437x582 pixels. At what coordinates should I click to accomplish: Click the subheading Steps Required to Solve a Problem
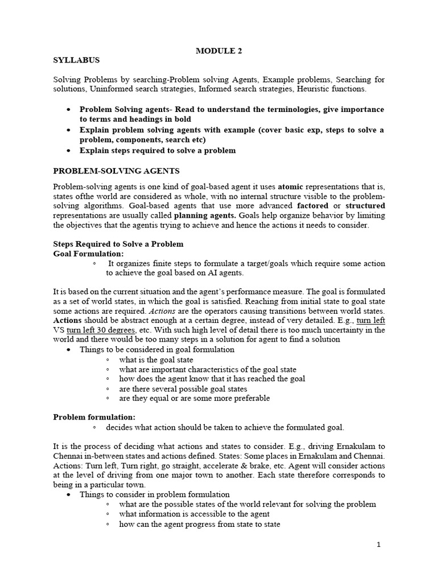pyautogui.click(x=118, y=244)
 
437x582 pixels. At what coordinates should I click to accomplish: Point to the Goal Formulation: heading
pyautogui.click(x=88, y=253)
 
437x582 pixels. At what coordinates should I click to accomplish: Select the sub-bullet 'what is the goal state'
pyautogui.click(x=156, y=360)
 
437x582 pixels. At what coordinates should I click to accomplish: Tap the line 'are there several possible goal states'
pyautogui.click(x=183, y=389)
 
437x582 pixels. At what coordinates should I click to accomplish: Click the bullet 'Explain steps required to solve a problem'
pyautogui.click(x=158, y=151)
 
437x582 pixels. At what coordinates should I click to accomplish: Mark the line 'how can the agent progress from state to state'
pyautogui.click(x=200, y=525)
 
